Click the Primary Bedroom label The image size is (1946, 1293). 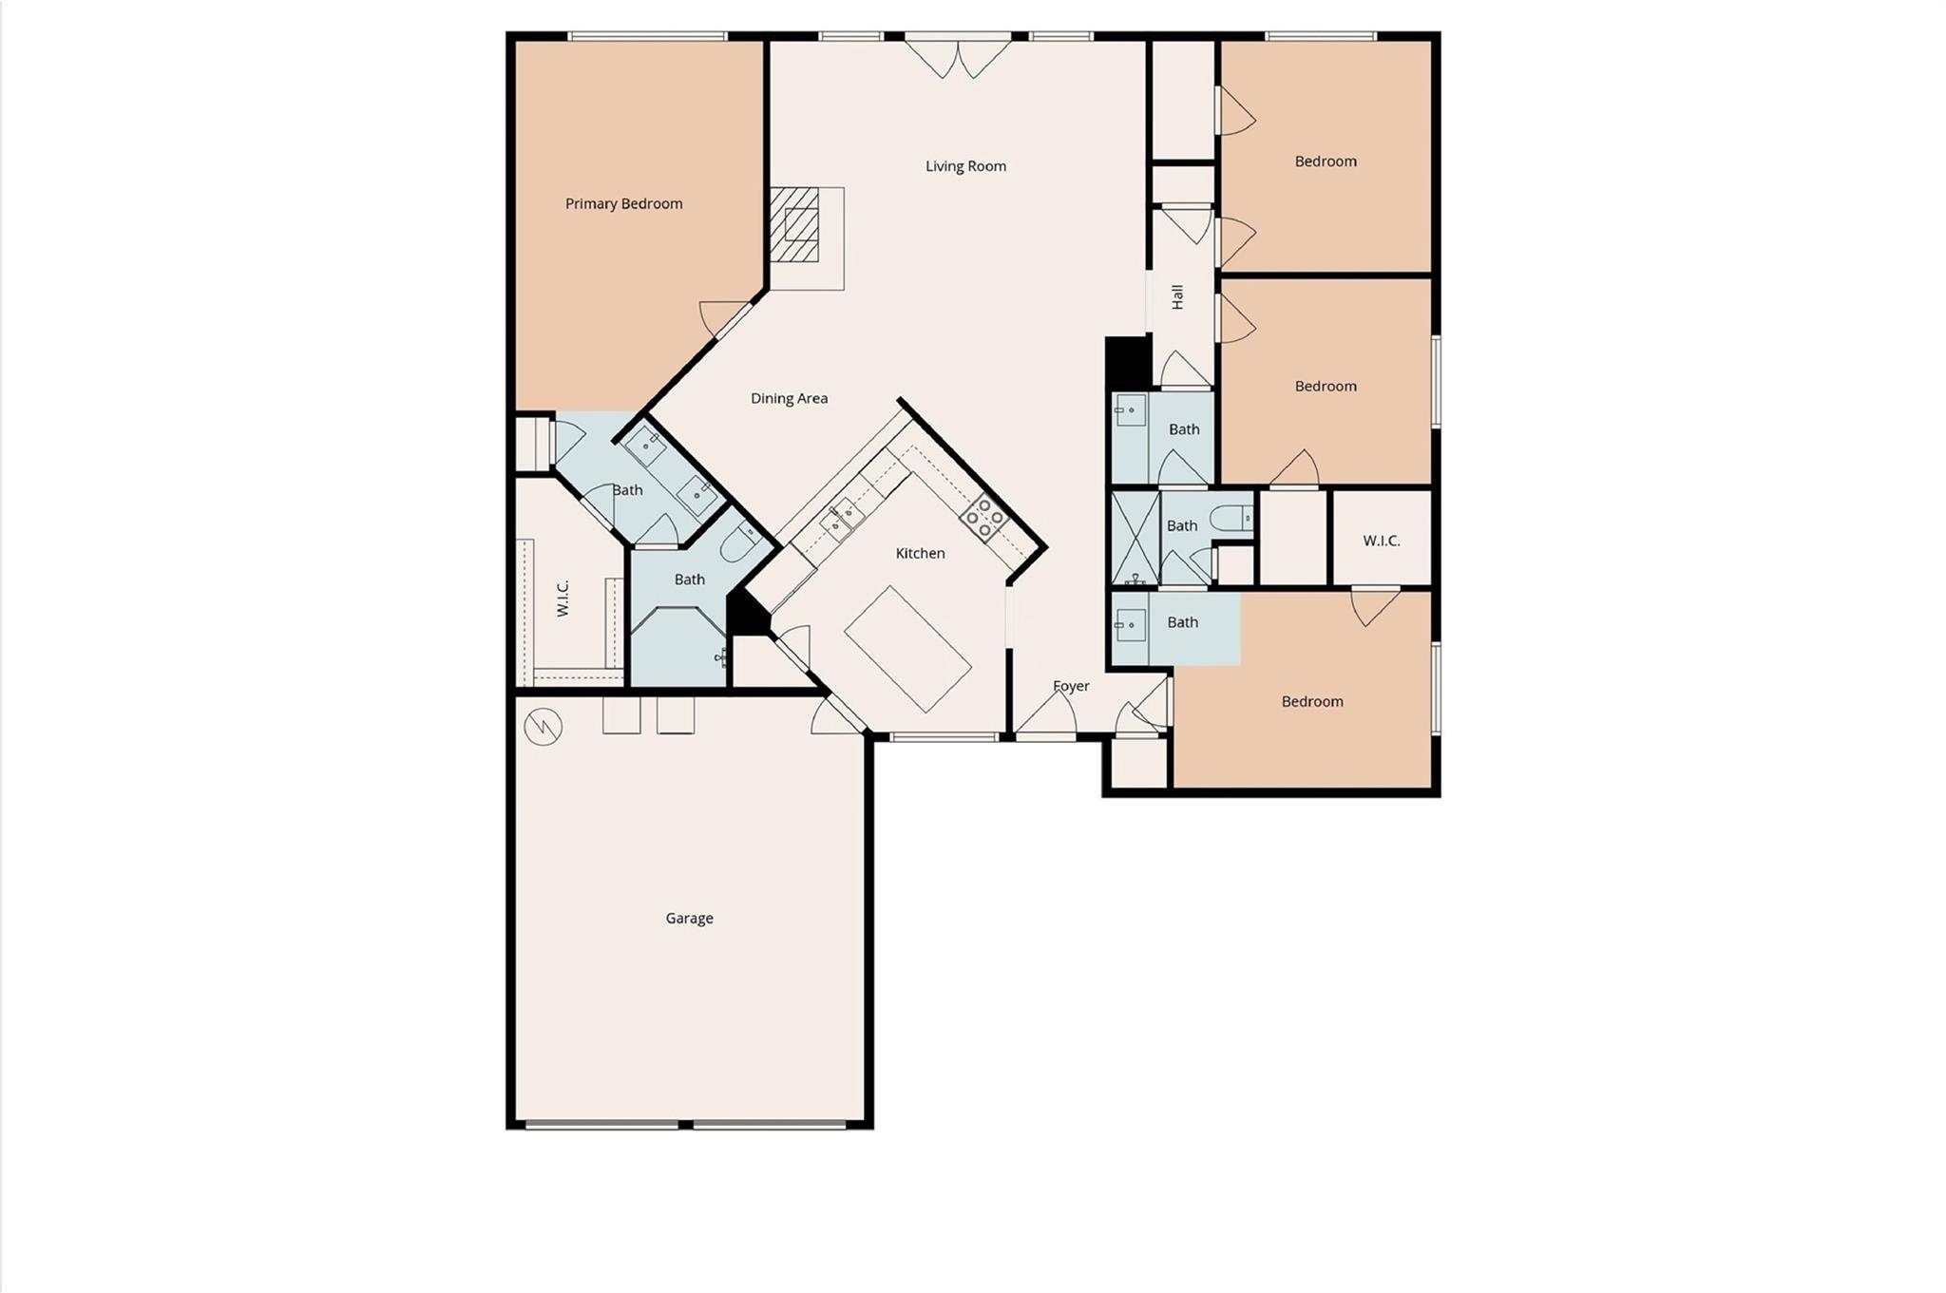click(623, 203)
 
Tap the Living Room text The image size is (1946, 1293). click(965, 166)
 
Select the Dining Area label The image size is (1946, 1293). click(789, 398)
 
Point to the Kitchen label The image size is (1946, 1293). click(920, 553)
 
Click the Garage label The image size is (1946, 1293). click(689, 919)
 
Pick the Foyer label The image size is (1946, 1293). click(1071, 686)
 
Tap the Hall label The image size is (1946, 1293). click(1177, 297)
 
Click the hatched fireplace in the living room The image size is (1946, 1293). click(794, 224)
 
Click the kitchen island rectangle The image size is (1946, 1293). click(907, 649)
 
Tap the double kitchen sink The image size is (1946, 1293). click(842, 520)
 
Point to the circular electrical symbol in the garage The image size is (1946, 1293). click(544, 728)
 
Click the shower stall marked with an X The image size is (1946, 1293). click(1135, 538)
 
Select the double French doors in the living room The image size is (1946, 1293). click(958, 58)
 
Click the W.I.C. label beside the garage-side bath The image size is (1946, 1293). click(563, 599)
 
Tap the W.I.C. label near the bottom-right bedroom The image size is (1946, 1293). click(1382, 541)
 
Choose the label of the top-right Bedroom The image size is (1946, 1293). click(1326, 162)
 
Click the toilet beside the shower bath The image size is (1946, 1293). click(1231, 518)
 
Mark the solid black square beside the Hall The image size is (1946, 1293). click(1128, 362)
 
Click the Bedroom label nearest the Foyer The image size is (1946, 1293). click(1312, 702)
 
